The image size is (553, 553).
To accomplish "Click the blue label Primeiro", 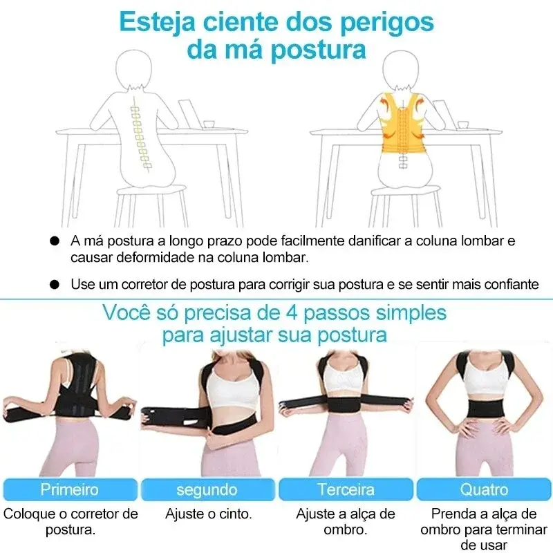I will (x=69, y=489).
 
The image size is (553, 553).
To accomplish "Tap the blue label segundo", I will (x=207, y=489).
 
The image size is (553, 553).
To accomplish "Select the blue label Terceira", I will (x=345, y=489).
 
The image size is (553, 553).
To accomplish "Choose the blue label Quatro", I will (x=484, y=489).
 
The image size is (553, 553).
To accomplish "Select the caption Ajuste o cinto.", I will (x=208, y=514).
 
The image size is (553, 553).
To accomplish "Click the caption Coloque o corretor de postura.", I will (x=70, y=522).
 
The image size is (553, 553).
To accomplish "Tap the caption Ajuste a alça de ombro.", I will (x=345, y=522).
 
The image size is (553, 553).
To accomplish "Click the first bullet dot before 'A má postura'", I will (x=55, y=242).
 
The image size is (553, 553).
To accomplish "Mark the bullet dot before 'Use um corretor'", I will (x=55, y=284).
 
